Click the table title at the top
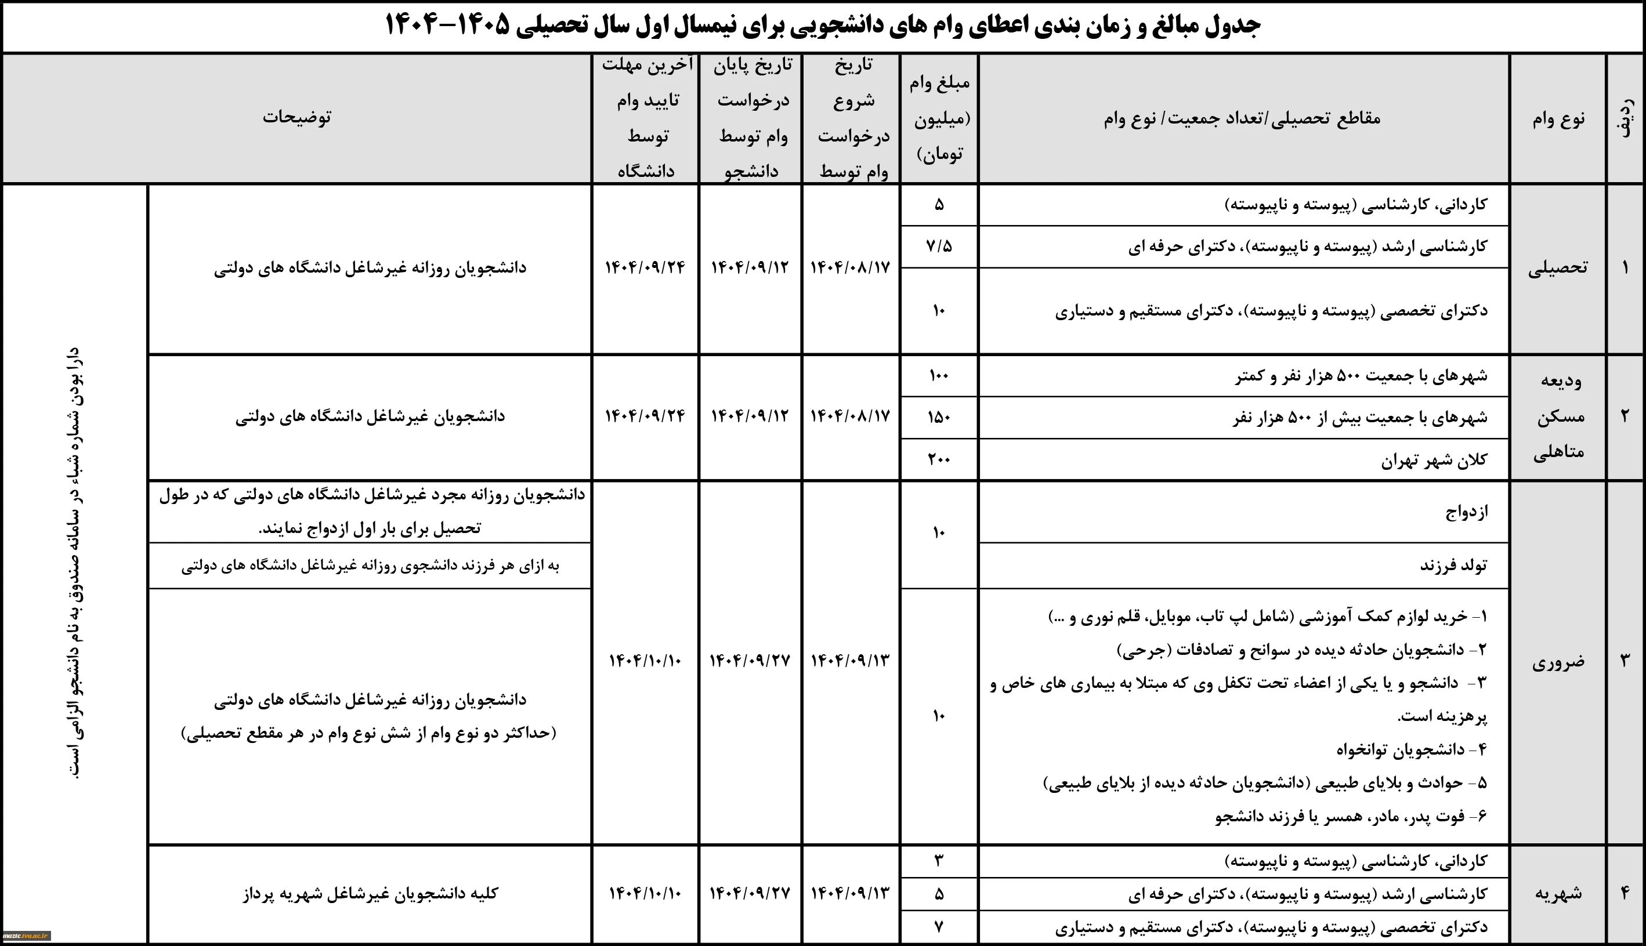tap(823, 26)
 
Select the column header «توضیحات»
tap(297, 118)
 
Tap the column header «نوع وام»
tap(1558, 119)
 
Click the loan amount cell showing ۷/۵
tap(939, 247)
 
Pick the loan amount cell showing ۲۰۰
tap(939, 459)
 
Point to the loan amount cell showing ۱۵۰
tap(939, 417)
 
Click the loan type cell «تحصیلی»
tap(1558, 269)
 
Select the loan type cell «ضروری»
tap(1558, 662)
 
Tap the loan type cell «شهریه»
tap(1558, 893)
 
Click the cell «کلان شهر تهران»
tap(1434, 460)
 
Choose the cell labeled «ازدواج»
tap(1466, 512)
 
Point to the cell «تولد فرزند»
tap(1453, 566)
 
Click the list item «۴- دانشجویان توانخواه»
tap(1412, 750)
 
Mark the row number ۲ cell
tap(1625, 416)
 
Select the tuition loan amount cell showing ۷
tap(939, 926)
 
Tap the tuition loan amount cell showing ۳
tap(939, 861)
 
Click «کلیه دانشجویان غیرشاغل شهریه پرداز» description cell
tap(370, 893)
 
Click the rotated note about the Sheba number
tap(75, 562)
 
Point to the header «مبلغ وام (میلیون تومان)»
tap(939, 118)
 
